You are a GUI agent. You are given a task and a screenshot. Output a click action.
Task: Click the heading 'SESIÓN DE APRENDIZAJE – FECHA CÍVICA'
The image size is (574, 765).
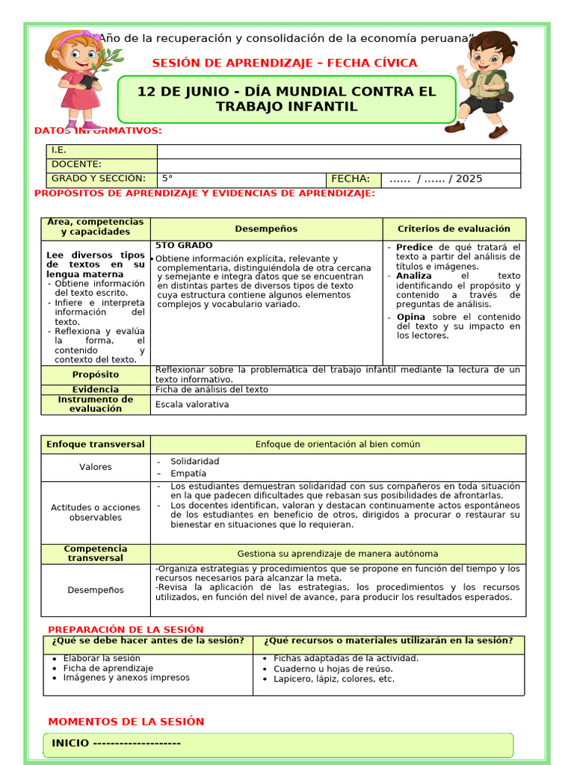(285, 63)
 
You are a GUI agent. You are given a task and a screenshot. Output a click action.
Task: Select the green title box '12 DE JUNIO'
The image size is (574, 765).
(286, 99)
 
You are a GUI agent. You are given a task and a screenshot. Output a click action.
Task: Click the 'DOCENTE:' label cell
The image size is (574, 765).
(76, 164)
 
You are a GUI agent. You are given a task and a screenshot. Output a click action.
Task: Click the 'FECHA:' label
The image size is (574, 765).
(350, 179)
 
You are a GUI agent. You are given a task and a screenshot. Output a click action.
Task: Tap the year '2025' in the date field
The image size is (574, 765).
(469, 179)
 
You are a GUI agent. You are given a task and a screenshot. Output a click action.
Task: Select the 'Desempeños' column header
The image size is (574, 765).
(266, 229)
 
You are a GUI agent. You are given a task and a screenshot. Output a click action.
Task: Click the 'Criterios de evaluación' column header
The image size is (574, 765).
(454, 229)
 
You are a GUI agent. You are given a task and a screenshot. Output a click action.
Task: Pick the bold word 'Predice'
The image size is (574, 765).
(414, 247)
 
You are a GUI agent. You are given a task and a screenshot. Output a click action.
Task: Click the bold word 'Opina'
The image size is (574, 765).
(411, 318)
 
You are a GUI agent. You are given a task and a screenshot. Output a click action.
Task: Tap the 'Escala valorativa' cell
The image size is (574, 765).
(192, 405)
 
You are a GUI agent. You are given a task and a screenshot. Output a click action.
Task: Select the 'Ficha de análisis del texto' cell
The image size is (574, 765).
(212, 389)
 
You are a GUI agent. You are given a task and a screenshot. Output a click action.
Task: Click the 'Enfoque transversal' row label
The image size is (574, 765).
(96, 444)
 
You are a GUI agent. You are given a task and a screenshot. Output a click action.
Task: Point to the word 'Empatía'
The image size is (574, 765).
(188, 474)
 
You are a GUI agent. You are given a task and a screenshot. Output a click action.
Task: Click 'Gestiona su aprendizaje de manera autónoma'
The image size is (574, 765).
(338, 554)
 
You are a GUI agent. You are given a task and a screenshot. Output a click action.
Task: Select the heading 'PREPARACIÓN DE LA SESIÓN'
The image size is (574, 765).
(126, 630)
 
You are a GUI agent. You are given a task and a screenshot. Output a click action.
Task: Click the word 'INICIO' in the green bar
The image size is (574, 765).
(70, 743)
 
